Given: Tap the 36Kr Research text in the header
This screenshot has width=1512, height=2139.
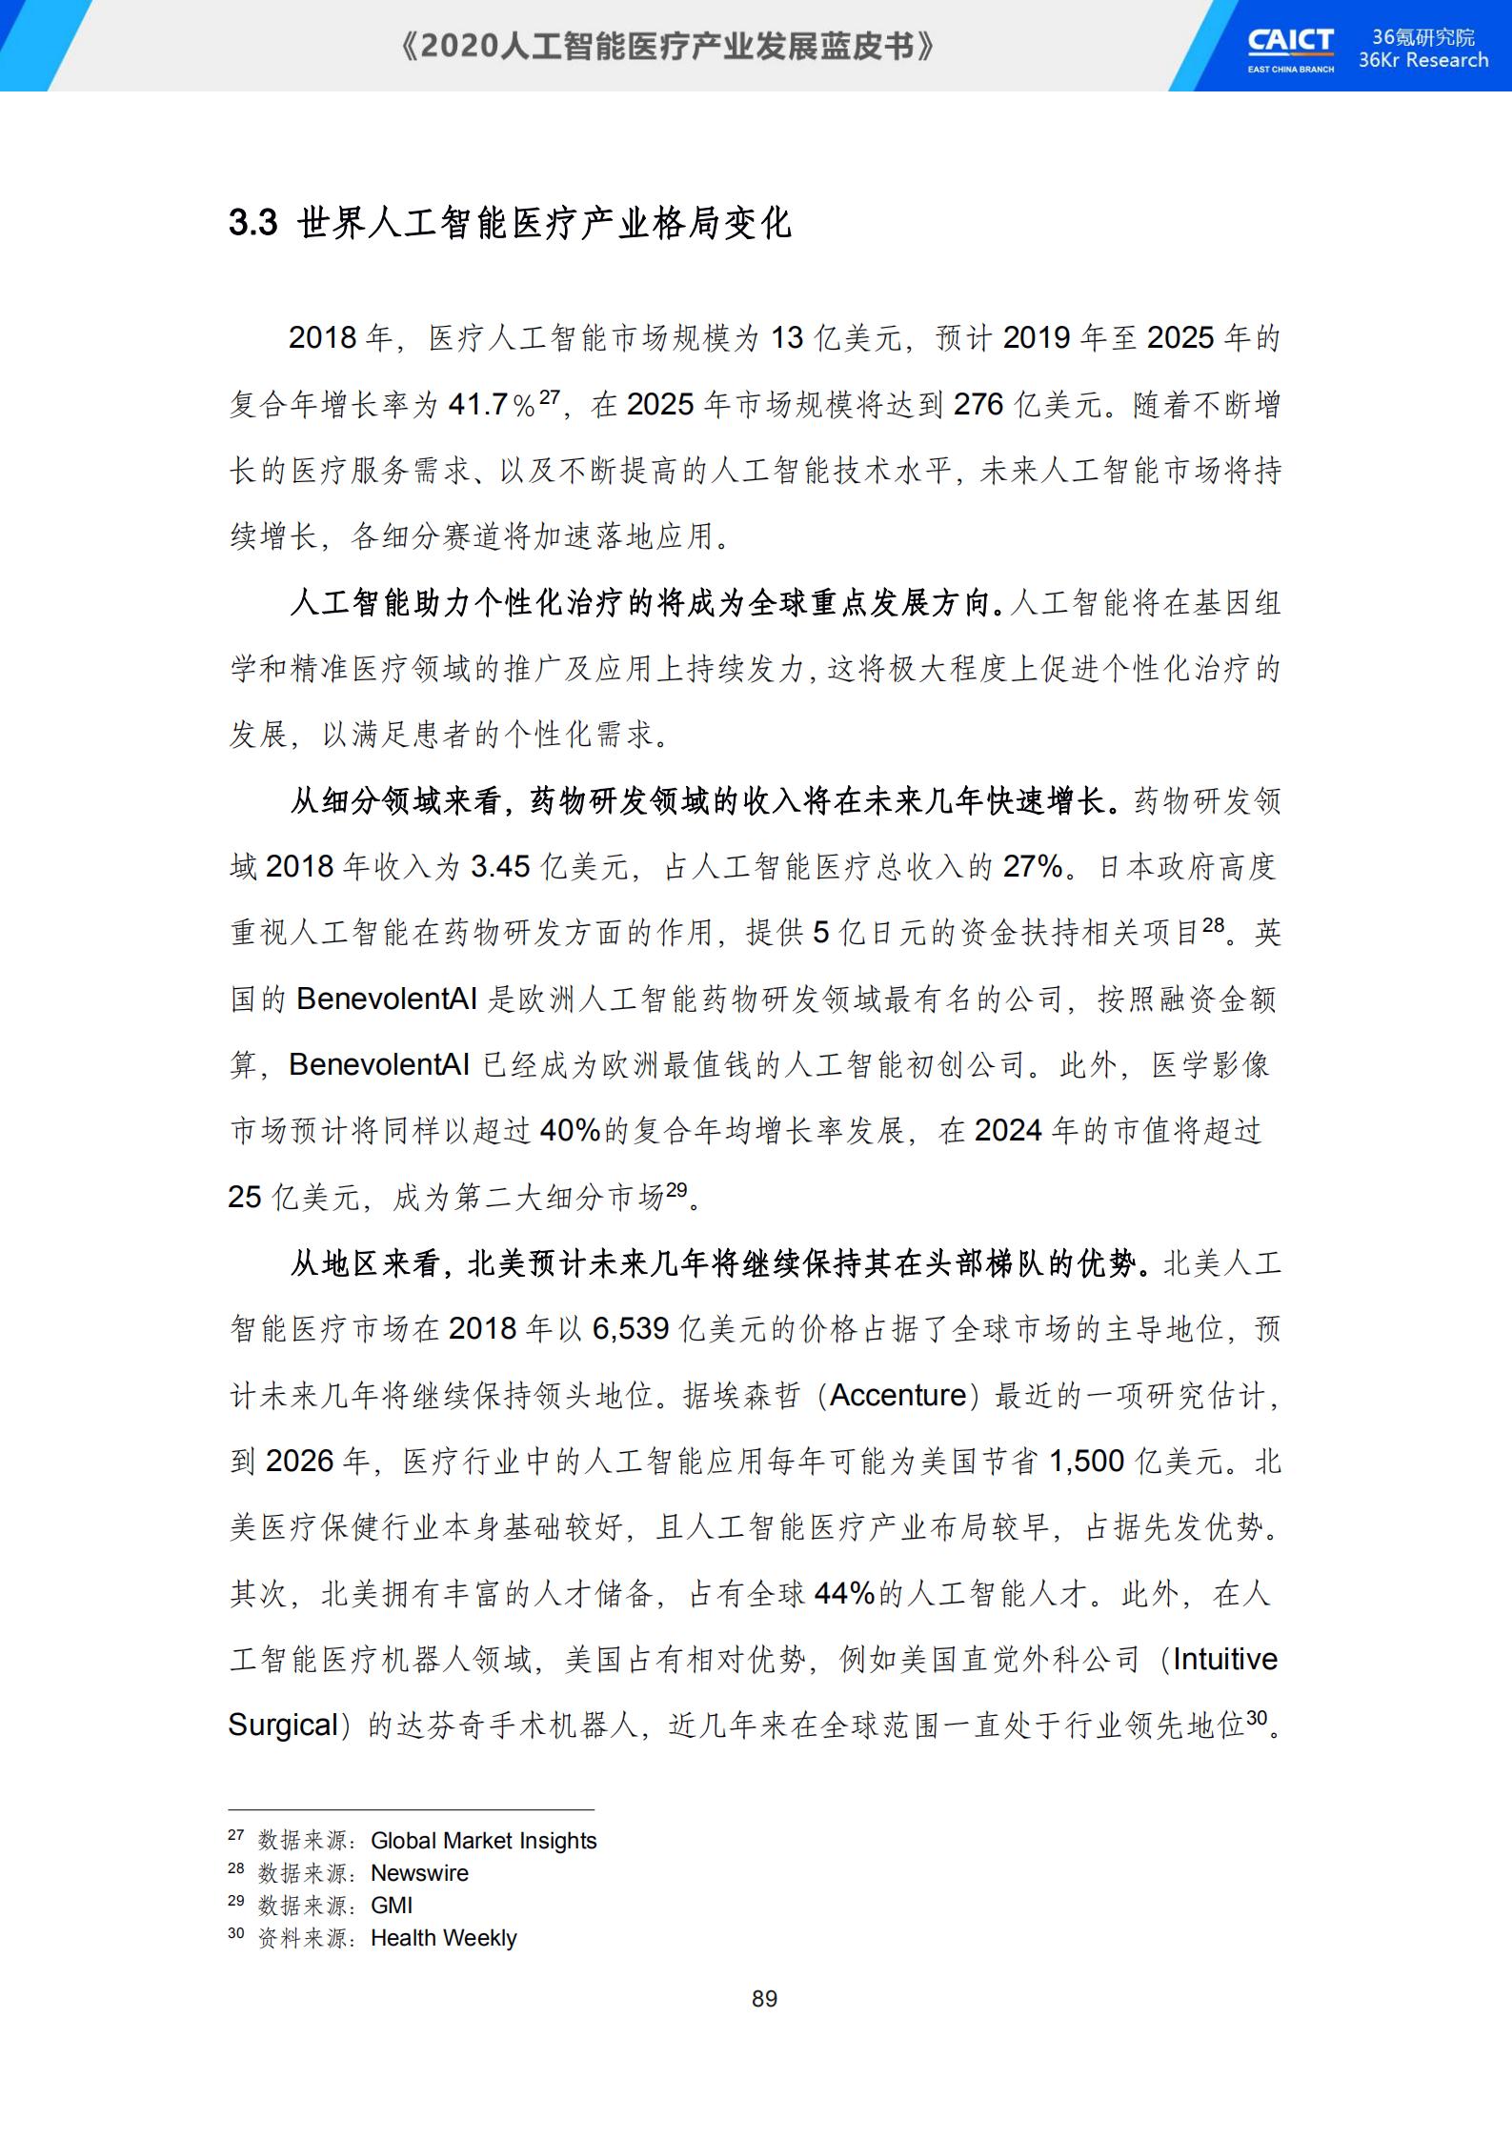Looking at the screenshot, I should (1422, 60).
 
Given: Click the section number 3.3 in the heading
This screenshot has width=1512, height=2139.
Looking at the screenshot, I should (252, 223).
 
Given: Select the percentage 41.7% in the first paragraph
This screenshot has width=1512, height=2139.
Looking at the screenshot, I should (491, 405).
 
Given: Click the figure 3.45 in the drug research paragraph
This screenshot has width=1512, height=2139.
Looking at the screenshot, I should (500, 866).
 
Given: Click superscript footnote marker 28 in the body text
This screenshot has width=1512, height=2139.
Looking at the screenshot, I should (1213, 924).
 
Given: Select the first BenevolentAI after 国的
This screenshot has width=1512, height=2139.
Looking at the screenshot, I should (387, 999).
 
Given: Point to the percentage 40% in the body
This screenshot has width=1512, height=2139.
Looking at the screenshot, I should (570, 1131).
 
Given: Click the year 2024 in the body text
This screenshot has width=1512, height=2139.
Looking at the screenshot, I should (1008, 1131).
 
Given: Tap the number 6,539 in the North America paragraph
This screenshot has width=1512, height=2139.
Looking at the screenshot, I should (630, 1328).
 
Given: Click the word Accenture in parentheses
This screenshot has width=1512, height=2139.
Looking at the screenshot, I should (898, 1395).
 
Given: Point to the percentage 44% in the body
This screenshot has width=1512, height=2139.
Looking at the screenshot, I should (844, 1593).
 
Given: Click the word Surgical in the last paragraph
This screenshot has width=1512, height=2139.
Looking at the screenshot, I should (284, 1725).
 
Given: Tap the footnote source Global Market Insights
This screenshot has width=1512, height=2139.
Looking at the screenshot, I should (483, 1841).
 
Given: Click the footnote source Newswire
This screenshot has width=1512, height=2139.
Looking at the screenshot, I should (419, 1873).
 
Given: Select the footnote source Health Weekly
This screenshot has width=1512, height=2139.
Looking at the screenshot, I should (443, 1938).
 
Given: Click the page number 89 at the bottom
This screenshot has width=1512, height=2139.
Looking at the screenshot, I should (764, 1999).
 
